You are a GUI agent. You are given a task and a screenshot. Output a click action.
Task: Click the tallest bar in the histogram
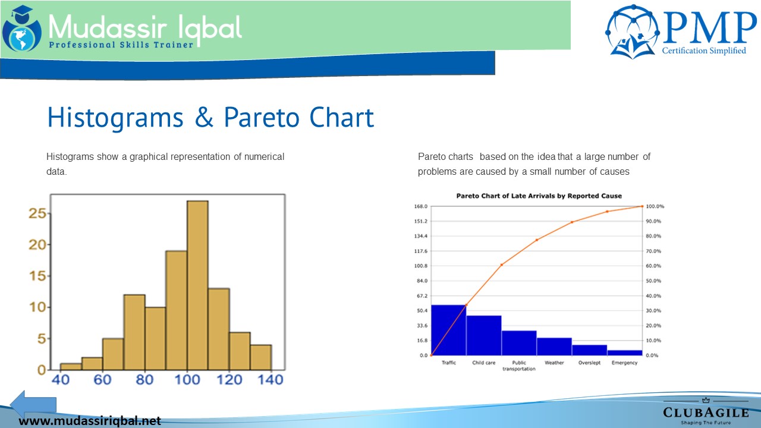[197, 285]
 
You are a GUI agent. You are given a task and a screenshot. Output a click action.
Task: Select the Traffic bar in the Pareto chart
[448, 330]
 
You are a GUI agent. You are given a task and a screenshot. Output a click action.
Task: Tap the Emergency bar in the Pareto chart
[625, 353]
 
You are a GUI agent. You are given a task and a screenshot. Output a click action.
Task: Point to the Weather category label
[554, 363]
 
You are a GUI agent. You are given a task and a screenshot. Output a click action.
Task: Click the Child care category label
[484, 363]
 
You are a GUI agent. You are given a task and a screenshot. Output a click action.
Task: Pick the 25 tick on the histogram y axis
[37, 213]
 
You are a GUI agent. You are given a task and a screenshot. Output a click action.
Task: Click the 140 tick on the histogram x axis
[271, 380]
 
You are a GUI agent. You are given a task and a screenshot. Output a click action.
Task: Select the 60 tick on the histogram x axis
[103, 380]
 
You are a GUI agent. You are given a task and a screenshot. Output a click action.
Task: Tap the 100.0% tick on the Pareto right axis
[655, 206]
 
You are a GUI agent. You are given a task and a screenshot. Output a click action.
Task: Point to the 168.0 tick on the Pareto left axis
[420, 206]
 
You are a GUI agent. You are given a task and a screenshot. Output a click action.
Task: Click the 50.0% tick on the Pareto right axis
[653, 281]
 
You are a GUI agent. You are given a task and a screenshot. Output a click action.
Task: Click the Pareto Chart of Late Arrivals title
[539, 196]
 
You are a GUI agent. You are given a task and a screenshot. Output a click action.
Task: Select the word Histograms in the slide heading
[115, 118]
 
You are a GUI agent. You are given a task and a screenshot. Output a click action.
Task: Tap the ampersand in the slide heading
[204, 118]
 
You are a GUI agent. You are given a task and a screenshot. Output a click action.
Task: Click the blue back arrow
[33, 405]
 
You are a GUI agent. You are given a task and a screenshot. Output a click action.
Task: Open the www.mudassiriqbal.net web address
[90, 421]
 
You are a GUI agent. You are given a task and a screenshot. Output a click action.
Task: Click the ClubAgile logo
[706, 411]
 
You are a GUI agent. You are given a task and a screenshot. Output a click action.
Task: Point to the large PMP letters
[709, 28]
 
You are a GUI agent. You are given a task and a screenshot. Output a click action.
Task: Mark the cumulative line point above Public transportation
[537, 240]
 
